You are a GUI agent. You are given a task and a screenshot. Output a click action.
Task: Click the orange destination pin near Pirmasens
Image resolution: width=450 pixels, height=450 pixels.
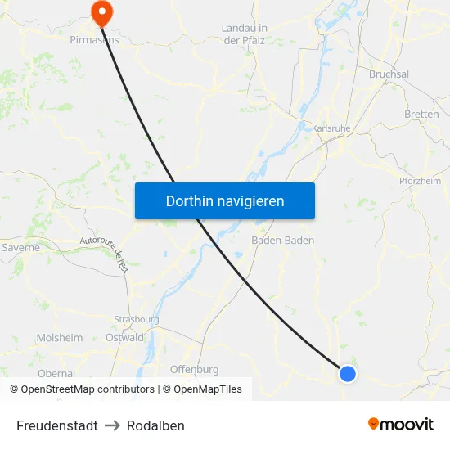(x=102, y=11)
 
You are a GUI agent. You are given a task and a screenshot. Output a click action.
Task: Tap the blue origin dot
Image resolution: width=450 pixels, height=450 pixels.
(x=348, y=374)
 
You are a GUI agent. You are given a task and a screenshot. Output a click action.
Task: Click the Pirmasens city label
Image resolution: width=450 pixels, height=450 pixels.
(x=94, y=38)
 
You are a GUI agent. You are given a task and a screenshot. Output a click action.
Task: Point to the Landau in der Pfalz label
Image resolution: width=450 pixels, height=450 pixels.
(x=244, y=34)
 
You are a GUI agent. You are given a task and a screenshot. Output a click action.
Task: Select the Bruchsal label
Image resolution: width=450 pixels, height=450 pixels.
(x=389, y=74)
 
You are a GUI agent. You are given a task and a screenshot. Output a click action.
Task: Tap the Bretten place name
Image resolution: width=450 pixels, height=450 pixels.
(x=421, y=115)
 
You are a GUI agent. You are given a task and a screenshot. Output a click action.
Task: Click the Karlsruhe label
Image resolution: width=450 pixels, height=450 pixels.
(x=332, y=128)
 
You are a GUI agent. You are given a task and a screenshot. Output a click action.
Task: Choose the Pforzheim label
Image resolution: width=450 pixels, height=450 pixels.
(x=421, y=181)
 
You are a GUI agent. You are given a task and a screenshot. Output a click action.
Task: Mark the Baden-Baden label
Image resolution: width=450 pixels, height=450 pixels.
(x=282, y=241)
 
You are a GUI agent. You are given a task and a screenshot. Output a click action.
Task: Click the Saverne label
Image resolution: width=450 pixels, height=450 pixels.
(x=20, y=247)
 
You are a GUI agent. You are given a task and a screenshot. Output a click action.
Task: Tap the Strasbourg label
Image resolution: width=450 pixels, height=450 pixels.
(x=137, y=320)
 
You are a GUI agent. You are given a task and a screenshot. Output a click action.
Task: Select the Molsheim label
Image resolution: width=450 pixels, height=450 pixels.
(x=60, y=337)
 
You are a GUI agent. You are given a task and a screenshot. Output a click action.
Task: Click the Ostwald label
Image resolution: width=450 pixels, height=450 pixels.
(x=124, y=337)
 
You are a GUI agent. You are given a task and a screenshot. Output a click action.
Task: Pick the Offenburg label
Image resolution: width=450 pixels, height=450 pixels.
(x=194, y=369)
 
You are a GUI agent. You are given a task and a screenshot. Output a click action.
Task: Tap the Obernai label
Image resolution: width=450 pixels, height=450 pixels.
(x=56, y=372)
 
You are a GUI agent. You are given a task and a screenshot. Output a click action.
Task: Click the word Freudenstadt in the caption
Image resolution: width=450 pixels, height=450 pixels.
(x=57, y=425)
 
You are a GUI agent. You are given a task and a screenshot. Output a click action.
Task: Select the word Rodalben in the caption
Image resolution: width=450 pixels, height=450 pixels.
(x=155, y=425)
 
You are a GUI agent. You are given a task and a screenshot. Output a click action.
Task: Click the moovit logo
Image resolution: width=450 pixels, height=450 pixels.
(x=400, y=424)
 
